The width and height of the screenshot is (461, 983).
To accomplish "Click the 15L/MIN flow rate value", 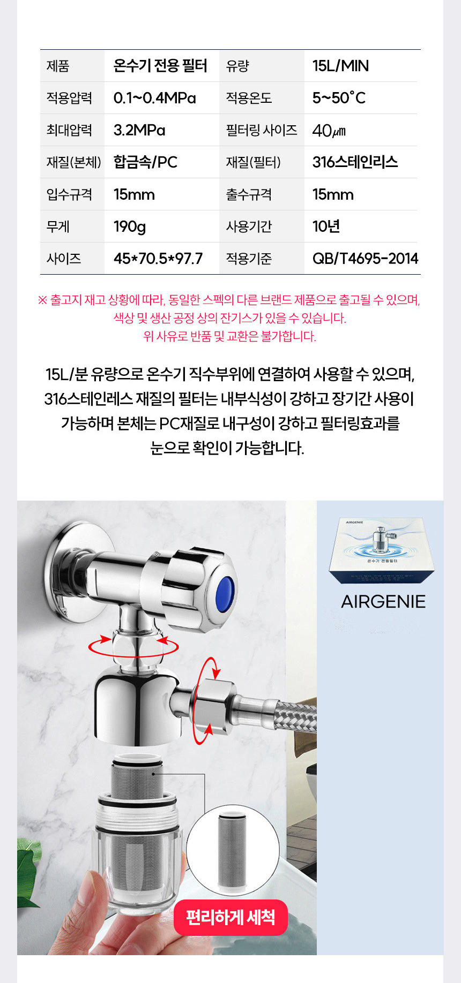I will pyautogui.click(x=340, y=66).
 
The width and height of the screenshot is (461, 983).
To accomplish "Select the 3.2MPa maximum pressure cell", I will pyautogui.click(x=139, y=130).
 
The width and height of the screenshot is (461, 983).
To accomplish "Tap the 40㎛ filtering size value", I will pyautogui.click(x=329, y=130).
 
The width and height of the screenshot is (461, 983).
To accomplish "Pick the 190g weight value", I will pyautogui.click(x=130, y=226).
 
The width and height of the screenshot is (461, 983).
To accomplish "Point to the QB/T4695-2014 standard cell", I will pyautogui.click(x=365, y=259).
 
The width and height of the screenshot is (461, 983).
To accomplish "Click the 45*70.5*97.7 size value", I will pyautogui.click(x=158, y=259).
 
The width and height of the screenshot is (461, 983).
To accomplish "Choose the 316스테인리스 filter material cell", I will pyautogui.click(x=355, y=162).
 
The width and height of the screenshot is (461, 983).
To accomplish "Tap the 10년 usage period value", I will pyautogui.click(x=326, y=226).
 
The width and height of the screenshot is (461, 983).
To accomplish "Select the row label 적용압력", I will pyautogui.click(x=69, y=98).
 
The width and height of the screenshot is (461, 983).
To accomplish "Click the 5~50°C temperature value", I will pyautogui.click(x=339, y=98).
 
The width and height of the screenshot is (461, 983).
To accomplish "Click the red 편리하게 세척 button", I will pyautogui.click(x=230, y=918).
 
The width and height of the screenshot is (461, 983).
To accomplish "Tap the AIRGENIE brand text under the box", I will pyautogui.click(x=383, y=602).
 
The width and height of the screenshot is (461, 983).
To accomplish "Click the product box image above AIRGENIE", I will pyautogui.click(x=382, y=550).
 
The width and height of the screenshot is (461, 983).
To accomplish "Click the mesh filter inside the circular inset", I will pyautogui.click(x=232, y=850).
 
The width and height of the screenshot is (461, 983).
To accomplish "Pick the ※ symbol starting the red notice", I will pyautogui.click(x=42, y=300).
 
